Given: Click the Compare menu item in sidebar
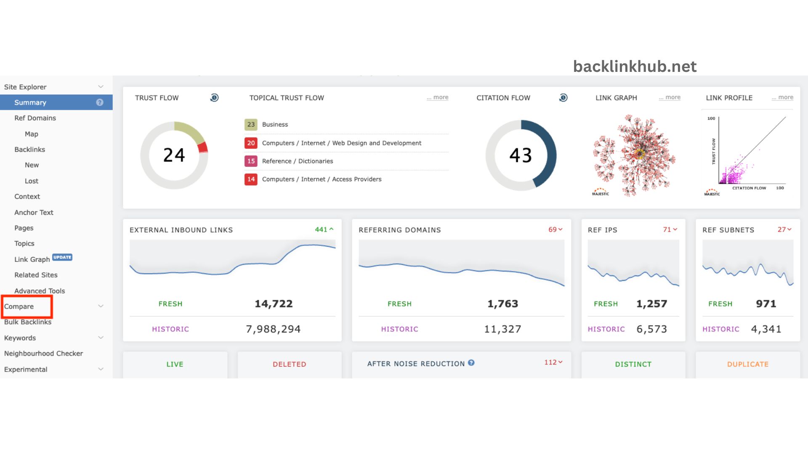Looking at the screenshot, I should (x=19, y=306).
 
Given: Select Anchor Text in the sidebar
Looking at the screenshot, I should (x=34, y=212).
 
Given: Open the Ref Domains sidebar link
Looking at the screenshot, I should (x=35, y=118).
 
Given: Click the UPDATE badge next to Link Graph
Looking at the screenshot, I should (x=62, y=257).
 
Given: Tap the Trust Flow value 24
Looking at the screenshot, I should (x=174, y=155).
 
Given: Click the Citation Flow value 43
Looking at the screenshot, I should (x=521, y=155).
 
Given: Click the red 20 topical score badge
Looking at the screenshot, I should (x=251, y=143).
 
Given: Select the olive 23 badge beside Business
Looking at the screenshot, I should (x=251, y=124).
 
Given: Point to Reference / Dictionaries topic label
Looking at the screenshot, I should (x=297, y=161).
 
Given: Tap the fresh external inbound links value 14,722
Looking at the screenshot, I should (x=274, y=304).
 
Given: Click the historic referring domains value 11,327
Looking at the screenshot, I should (x=502, y=329).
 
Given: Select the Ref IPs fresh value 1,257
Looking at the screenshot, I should (x=651, y=304).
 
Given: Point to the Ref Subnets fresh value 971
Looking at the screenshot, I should (x=765, y=304).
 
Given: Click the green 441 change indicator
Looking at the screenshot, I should (x=324, y=230).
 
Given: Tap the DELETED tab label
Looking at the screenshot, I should (x=289, y=364).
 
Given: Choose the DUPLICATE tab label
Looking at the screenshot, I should (x=747, y=364).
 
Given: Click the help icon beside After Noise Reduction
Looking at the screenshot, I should (x=471, y=363).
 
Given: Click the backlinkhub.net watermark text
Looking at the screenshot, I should (x=635, y=66).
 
